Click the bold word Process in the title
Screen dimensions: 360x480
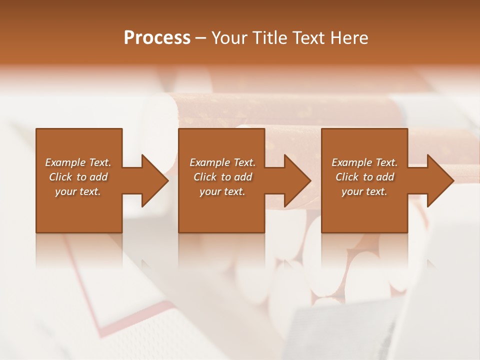[157, 38]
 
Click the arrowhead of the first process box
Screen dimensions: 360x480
[154, 181]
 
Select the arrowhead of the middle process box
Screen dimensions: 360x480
[297, 181]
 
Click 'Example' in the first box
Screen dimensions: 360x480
[65, 162]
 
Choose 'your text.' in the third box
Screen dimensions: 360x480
[364, 191]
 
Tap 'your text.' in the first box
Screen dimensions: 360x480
[78, 191]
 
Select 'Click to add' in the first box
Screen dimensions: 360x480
[78, 177]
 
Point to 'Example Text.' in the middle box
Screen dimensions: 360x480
[222, 162]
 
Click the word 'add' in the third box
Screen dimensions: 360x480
[385, 177]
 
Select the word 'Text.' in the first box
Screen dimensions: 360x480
[100, 162]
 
